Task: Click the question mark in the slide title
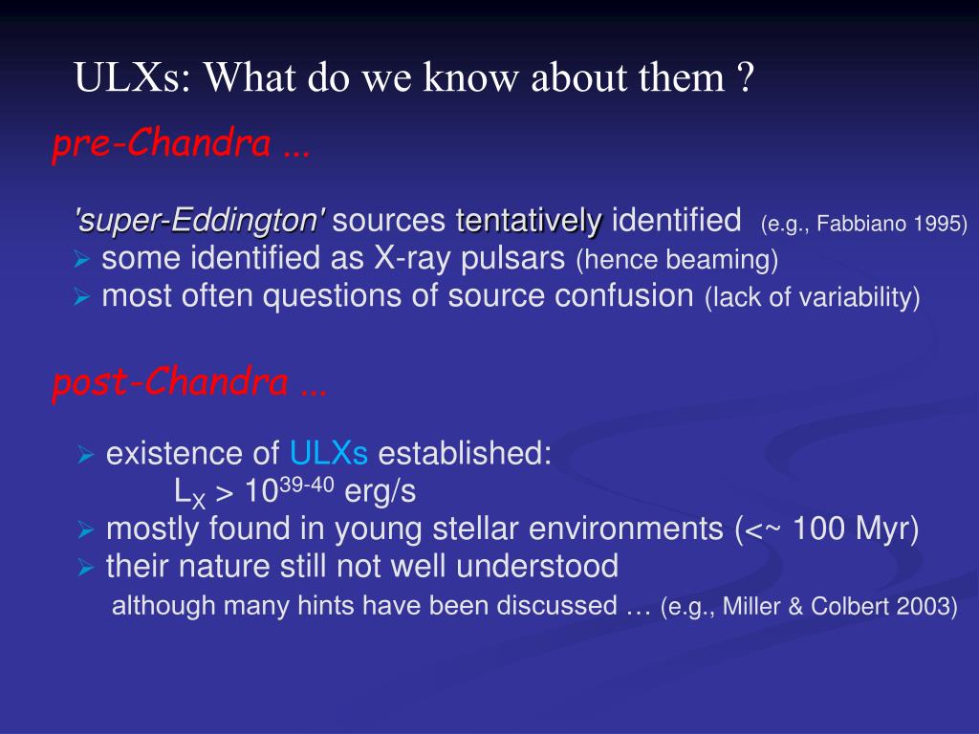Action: [x=746, y=77]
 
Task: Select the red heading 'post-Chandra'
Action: [x=171, y=382]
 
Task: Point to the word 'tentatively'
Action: [x=530, y=221]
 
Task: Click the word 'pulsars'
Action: [x=512, y=258]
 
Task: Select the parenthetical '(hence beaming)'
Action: [x=678, y=260]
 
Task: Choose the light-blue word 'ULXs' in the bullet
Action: [x=329, y=453]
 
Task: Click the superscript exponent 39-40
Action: [x=306, y=485]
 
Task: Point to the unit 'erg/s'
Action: [x=381, y=492]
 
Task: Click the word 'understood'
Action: [x=537, y=566]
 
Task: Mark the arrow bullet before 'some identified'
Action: [x=82, y=259]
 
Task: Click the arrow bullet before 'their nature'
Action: [x=86, y=568]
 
